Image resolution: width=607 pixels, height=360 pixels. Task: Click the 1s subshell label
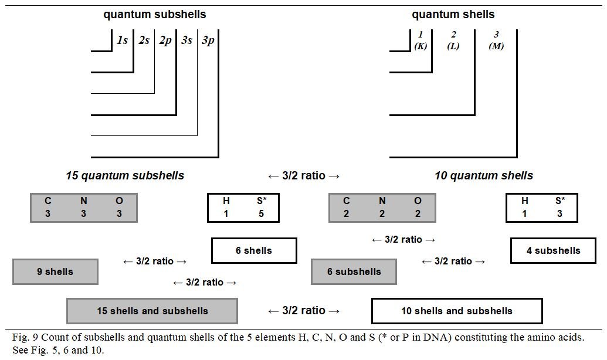pyautogui.click(x=122, y=40)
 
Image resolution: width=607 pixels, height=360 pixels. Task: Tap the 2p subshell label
pyautogui.click(x=165, y=40)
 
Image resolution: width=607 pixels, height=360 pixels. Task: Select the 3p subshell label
pyautogui.click(x=208, y=40)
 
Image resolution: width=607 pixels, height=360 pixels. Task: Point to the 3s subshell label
pyautogui.click(x=186, y=40)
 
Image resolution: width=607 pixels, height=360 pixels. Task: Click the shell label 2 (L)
pyautogui.click(x=453, y=40)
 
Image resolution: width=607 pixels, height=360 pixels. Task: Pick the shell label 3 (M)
pyautogui.click(x=496, y=40)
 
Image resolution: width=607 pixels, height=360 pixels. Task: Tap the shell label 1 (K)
pyautogui.click(x=421, y=40)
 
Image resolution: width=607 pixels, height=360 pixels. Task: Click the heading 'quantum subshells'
pyautogui.click(x=155, y=14)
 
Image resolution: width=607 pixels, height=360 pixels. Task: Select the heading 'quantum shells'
pyautogui.click(x=453, y=14)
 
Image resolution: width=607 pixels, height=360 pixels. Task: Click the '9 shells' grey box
pyautogui.click(x=55, y=271)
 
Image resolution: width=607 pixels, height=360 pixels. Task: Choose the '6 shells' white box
pyautogui.click(x=254, y=250)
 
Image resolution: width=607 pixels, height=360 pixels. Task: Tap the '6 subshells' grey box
pyautogui.click(x=354, y=271)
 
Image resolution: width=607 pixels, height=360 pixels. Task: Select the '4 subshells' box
pyautogui.click(x=553, y=250)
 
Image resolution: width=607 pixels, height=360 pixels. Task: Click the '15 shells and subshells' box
pyautogui.click(x=152, y=311)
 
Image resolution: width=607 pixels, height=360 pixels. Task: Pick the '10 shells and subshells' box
pyautogui.click(x=456, y=311)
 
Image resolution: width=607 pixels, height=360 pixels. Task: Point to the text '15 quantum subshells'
pyautogui.click(x=125, y=175)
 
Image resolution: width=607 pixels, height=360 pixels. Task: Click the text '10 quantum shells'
pyautogui.click(x=484, y=175)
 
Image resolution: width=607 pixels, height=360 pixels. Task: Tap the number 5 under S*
pyautogui.click(x=261, y=213)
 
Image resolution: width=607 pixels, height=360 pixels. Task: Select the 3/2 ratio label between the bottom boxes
pyautogui.click(x=304, y=311)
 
